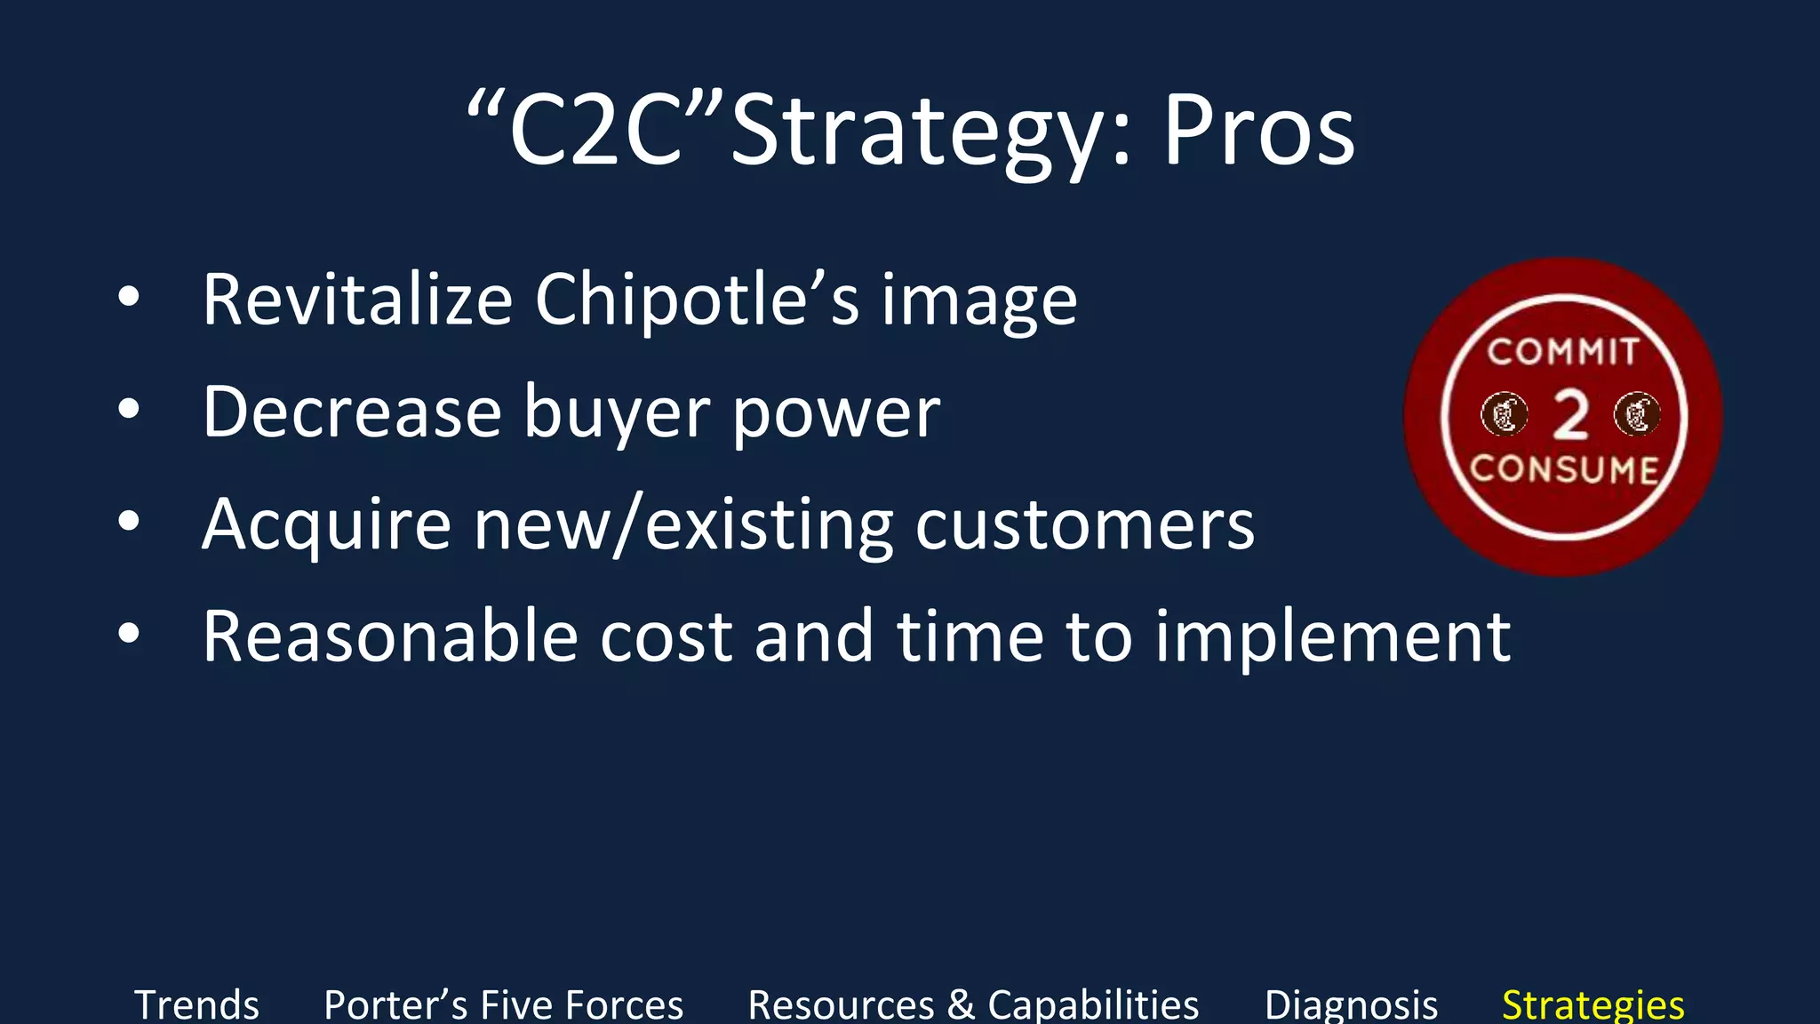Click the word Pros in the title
1258,132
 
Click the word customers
1085,524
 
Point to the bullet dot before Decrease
129,410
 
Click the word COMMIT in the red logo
1563,352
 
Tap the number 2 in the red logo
1570,416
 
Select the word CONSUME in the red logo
1564,469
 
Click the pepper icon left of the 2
1504,414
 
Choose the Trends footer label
196,1005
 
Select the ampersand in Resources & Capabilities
961,1005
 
